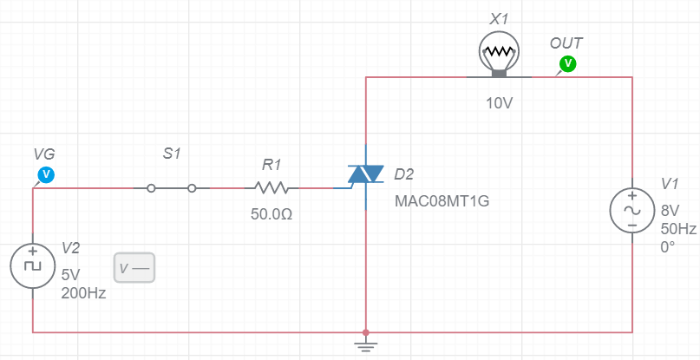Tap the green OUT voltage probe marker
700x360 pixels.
coord(568,62)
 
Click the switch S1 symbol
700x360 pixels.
coord(172,187)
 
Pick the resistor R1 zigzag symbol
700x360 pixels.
coord(271,187)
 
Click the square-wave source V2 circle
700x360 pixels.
coord(32,265)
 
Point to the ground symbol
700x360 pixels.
coord(366,348)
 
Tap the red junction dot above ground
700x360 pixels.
coord(366,332)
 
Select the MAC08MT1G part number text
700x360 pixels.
coord(442,201)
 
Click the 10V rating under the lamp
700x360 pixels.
coord(500,103)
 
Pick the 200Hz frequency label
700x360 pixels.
coord(83,293)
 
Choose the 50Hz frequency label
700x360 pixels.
coord(678,229)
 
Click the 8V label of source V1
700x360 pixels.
coord(671,210)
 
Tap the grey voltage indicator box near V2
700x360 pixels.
coord(134,268)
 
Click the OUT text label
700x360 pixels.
coord(566,43)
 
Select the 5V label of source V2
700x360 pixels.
coord(70,273)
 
